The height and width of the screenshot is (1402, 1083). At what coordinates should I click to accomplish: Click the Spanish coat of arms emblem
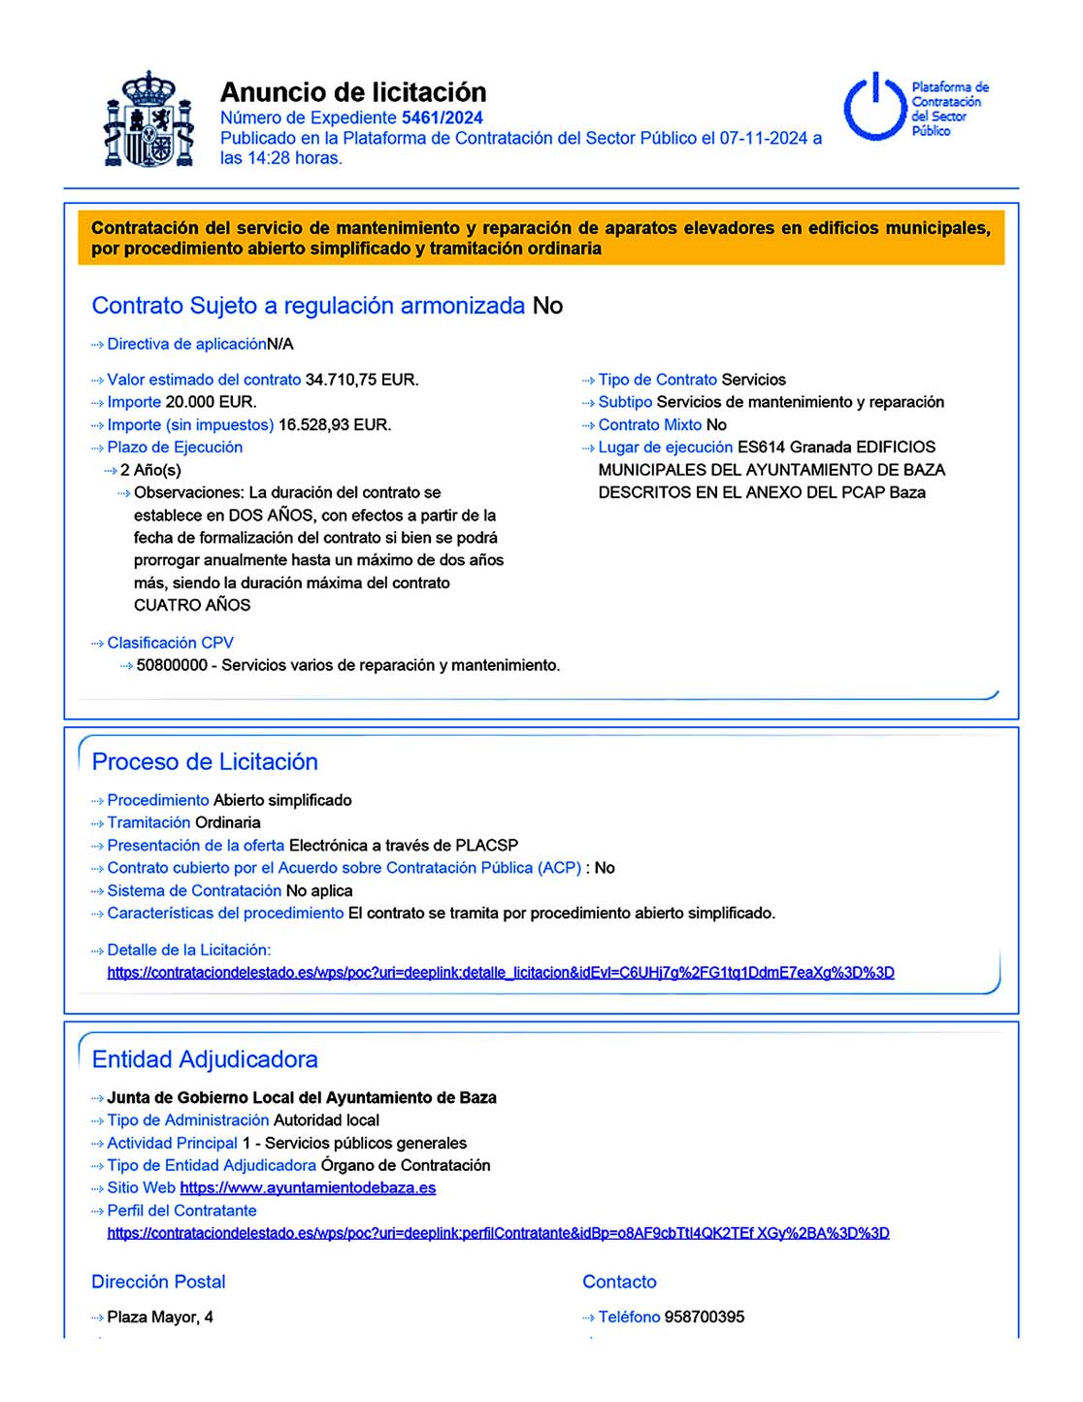click(x=148, y=119)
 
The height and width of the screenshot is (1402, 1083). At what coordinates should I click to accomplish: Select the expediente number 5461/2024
click(x=442, y=117)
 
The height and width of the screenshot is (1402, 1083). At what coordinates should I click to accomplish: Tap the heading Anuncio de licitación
click(x=353, y=92)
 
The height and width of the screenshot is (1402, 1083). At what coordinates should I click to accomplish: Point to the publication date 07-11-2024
click(x=763, y=138)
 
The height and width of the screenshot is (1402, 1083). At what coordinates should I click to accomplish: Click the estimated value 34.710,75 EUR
click(x=362, y=380)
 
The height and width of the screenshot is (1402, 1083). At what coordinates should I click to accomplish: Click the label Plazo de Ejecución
click(x=175, y=447)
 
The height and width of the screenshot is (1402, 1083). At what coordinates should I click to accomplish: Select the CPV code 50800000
click(x=172, y=665)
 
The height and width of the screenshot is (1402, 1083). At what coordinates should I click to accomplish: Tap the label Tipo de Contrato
click(x=657, y=380)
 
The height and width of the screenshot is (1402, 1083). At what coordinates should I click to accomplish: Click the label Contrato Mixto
click(x=649, y=424)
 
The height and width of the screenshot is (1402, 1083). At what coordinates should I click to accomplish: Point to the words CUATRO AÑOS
click(x=192, y=605)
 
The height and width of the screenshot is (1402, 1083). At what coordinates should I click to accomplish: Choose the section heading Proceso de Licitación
click(x=205, y=761)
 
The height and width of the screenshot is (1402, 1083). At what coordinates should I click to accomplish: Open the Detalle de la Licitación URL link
click(x=500, y=972)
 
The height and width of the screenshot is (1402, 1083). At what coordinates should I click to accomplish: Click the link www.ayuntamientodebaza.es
click(x=308, y=1187)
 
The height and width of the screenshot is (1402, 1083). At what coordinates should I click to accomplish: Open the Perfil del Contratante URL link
click(x=498, y=1233)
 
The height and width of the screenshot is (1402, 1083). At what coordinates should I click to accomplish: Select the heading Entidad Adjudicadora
click(x=205, y=1059)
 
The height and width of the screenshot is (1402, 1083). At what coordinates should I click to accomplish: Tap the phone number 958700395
click(x=705, y=1317)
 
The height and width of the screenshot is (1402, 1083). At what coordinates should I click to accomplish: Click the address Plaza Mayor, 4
click(x=160, y=1317)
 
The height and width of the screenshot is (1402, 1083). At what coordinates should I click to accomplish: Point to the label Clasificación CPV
click(x=170, y=643)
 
